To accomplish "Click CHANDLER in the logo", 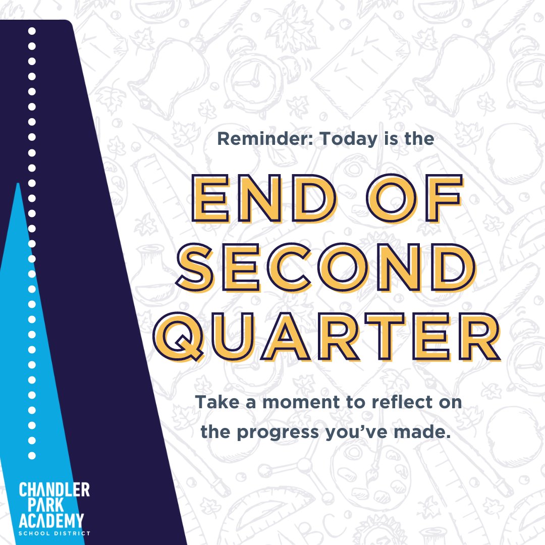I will [54, 489].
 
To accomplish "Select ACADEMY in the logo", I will [50, 520].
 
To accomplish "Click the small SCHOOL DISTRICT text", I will [54, 533].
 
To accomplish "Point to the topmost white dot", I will [32, 31].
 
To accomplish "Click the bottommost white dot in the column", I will [32, 455].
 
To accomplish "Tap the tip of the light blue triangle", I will [18, 185].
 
